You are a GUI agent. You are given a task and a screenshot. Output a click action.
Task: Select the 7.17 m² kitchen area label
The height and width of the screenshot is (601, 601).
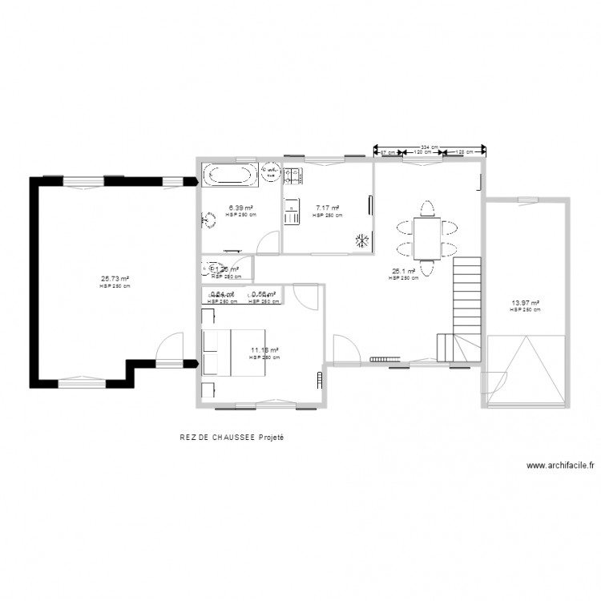pyautogui.click(x=327, y=208)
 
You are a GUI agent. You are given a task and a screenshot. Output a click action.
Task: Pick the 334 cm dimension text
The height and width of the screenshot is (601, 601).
pyautogui.click(x=430, y=147)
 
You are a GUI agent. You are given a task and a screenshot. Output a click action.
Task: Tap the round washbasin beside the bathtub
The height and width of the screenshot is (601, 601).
pyautogui.click(x=270, y=171)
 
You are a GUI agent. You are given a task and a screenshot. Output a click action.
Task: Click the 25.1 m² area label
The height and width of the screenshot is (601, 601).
pyautogui.click(x=403, y=272)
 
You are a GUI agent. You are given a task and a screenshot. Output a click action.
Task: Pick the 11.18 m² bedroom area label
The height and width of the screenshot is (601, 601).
pyautogui.click(x=264, y=350)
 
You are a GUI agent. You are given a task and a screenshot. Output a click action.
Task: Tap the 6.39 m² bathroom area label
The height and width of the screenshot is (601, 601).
pyautogui.click(x=240, y=208)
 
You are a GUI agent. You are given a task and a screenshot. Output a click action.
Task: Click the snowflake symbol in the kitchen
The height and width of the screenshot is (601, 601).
pyautogui.click(x=362, y=239)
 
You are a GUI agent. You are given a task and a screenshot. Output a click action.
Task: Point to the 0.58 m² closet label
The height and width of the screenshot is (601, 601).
pyautogui.click(x=264, y=295)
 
